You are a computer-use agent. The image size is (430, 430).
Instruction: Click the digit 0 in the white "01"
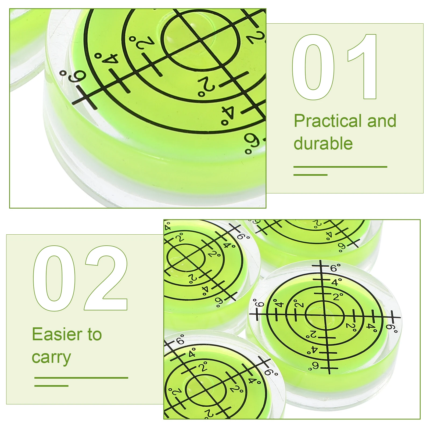coord(313,67)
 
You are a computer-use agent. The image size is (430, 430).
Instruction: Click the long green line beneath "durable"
coord(340,167)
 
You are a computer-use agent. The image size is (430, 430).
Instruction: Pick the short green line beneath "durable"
coord(310,175)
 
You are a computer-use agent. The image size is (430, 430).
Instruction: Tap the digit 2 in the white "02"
coord(106,278)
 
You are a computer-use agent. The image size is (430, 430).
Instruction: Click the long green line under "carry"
coord(81,378)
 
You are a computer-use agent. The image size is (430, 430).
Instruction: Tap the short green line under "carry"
coord(51,386)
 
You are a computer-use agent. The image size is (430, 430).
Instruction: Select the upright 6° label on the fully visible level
coord(335,268)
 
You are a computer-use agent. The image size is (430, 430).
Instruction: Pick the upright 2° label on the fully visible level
coord(338,296)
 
